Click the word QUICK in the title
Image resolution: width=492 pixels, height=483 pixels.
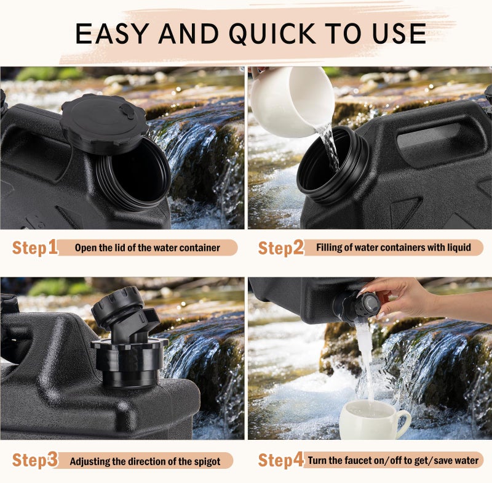click(272, 34)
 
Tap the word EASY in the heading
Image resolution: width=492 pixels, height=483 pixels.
click(112, 34)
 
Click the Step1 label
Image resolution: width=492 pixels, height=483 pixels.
click(35, 247)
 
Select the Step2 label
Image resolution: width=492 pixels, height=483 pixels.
click(281, 247)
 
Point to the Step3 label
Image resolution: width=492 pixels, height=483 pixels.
click(35, 460)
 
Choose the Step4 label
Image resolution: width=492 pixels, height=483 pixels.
click(281, 460)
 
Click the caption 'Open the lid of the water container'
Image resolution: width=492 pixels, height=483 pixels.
click(147, 248)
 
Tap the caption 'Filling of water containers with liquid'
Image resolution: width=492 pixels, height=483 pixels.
click(394, 247)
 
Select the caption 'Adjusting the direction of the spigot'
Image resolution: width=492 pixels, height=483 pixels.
click(145, 461)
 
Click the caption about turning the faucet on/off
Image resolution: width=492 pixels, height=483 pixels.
click(393, 460)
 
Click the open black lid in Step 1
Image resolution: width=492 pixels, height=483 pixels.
click(105, 123)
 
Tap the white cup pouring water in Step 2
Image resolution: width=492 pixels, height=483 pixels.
click(292, 101)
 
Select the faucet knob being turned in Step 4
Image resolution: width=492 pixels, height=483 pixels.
click(367, 306)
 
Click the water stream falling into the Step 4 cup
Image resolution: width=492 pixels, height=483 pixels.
click(366, 362)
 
